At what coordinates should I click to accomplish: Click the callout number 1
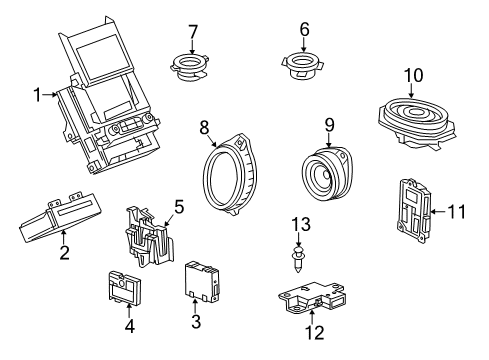click(x=36, y=95)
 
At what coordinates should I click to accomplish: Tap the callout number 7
click(x=193, y=30)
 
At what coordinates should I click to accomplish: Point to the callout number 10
click(x=412, y=75)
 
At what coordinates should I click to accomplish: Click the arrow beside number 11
click(x=439, y=211)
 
